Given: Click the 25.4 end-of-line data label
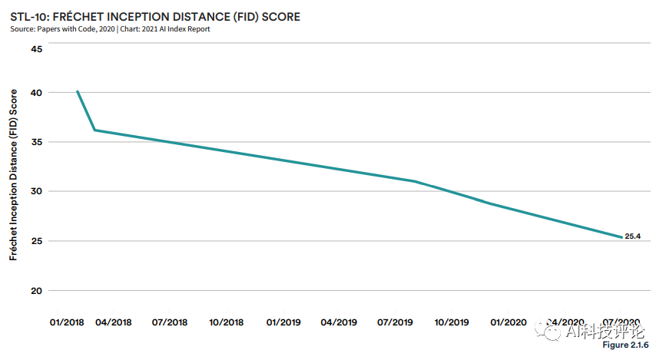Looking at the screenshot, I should [x=632, y=236].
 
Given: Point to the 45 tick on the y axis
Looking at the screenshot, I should [x=36, y=48].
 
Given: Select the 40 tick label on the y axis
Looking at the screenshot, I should [x=36, y=92].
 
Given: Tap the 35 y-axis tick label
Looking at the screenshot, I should [x=36, y=142].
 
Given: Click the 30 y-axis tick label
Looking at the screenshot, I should [x=36, y=191].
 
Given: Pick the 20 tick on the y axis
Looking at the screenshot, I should [x=36, y=290].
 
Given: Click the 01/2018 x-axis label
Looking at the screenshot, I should [x=67, y=322].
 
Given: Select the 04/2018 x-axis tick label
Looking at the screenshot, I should [x=113, y=322].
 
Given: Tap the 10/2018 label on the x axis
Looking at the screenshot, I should [x=225, y=322].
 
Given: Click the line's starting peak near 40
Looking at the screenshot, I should [x=78, y=91].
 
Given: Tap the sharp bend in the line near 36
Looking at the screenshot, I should [x=94, y=130].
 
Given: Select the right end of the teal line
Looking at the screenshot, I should [x=621, y=237].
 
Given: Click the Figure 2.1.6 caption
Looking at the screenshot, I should [x=626, y=347].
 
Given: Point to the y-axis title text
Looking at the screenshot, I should [x=13, y=174].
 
